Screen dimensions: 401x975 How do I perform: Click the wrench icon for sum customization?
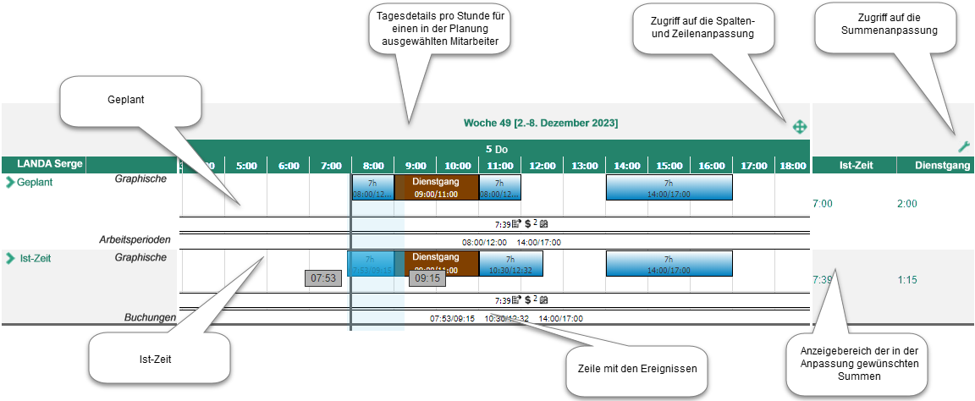(964, 146)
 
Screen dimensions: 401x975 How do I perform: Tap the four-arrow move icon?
(799, 127)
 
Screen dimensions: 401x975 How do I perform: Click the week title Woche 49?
(540, 124)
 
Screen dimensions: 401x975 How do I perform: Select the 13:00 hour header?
(584, 166)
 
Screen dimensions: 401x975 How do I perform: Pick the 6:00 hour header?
(289, 166)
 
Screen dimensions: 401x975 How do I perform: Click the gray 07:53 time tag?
(323, 278)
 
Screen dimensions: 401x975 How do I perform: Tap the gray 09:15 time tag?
(427, 278)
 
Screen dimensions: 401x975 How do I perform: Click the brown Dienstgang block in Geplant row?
(437, 187)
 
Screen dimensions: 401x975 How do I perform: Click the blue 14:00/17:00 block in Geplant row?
(669, 187)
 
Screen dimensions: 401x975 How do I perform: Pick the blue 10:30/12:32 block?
(510, 263)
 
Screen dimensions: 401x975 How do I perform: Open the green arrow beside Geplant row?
(10, 182)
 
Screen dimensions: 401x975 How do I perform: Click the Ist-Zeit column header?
(855, 166)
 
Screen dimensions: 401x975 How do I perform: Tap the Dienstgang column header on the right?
(942, 166)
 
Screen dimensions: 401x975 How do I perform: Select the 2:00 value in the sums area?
(907, 204)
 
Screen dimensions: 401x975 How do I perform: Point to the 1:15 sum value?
(907, 279)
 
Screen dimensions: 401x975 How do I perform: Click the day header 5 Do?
(496, 149)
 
